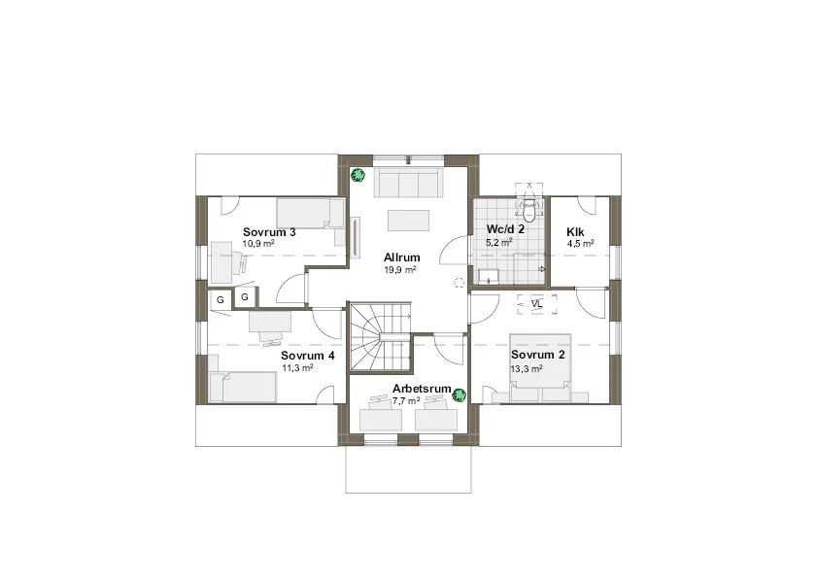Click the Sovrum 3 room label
[x=269, y=232]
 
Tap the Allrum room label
[x=401, y=257]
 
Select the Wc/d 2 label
[x=505, y=229]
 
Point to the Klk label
[x=575, y=232]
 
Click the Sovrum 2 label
[x=538, y=355]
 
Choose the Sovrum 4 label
[x=307, y=356]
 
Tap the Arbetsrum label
[x=422, y=389]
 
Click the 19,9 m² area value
[x=400, y=270]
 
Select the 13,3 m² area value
[x=527, y=368]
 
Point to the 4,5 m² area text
[x=580, y=244]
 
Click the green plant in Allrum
[x=358, y=175]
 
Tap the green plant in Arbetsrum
[x=459, y=395]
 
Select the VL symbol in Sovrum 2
[x=537, y=304]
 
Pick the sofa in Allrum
[x=408, y=182]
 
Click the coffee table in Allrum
[x=408, y=221]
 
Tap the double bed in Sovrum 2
[x=540, y=367]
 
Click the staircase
[x=380, y=337]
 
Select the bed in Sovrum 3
[x=310, y=214]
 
